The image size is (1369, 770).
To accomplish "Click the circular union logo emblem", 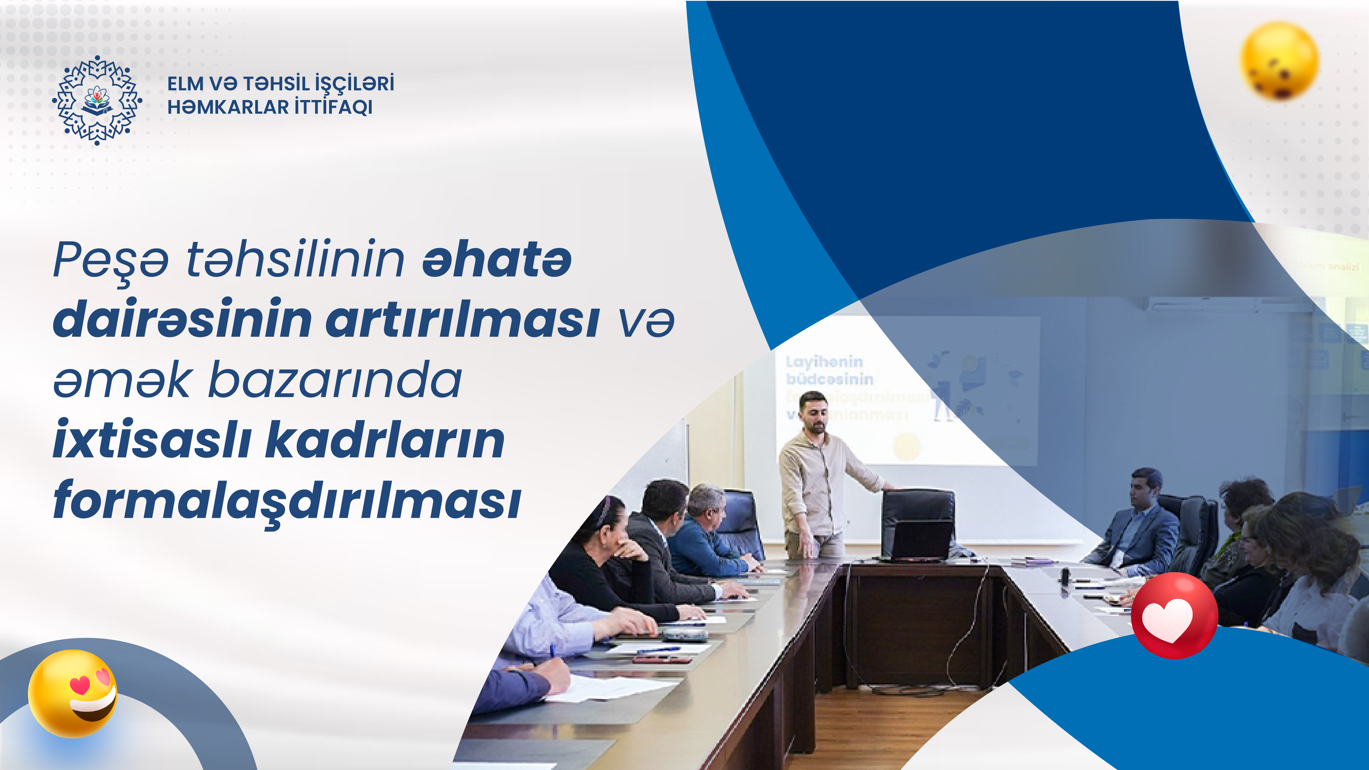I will (97, 100).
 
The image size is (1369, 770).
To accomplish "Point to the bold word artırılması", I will (462, 320).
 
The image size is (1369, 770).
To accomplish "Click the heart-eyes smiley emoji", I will (73, 694).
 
